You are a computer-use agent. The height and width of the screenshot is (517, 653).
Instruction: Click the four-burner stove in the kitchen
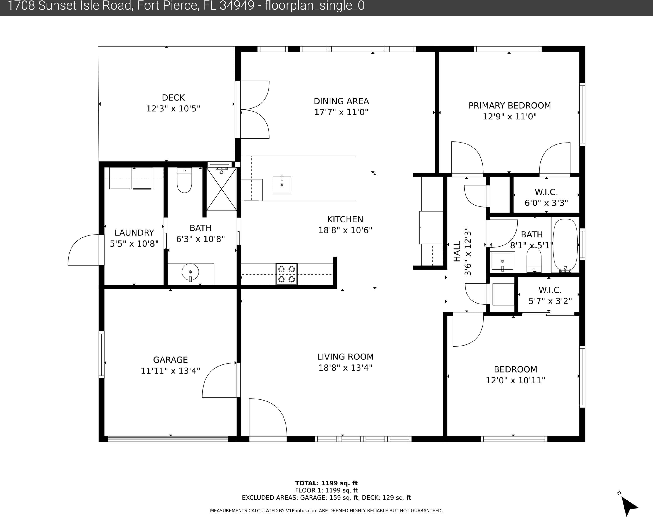click(286, 274)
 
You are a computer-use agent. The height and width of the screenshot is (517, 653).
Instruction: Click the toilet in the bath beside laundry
click(184, 180)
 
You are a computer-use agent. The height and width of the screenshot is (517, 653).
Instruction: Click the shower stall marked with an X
click(222, 189)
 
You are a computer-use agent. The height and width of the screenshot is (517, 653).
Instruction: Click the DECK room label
click(173, 97)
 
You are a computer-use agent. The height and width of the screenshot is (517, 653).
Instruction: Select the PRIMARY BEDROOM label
click(510, 105)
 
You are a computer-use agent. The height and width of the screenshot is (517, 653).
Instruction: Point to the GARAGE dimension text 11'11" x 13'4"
click(170, 371)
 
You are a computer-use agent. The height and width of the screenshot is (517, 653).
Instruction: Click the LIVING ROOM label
click(345, 357)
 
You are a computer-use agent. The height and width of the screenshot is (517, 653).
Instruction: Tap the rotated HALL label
click(457, 251)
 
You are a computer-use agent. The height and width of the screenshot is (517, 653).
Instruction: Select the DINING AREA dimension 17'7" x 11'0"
click(341, 112)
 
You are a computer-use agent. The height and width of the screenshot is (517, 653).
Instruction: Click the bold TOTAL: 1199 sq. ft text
click(326, 483)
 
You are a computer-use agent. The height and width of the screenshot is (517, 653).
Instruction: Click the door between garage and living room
click(220, 380)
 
